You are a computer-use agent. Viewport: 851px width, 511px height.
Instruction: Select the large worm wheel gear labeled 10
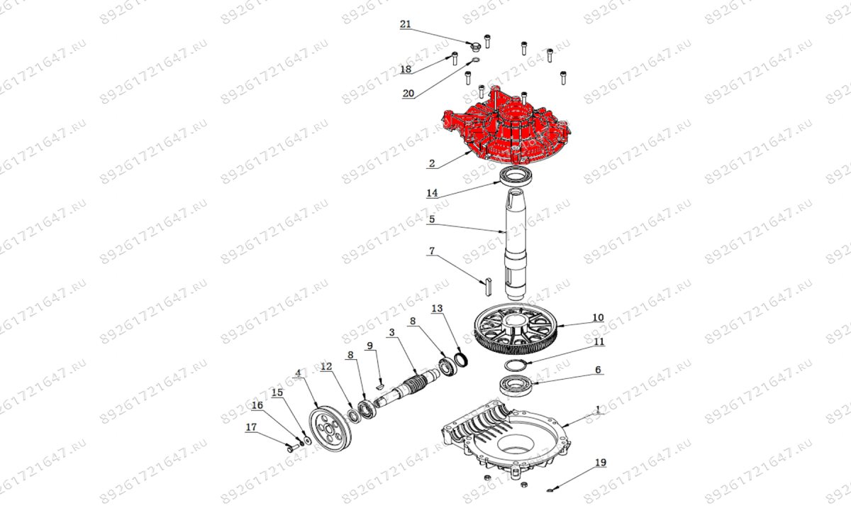(516, 329)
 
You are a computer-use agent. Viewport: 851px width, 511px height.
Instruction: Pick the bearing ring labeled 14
(517, 178)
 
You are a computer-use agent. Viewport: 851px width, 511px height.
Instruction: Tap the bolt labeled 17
(290, 449)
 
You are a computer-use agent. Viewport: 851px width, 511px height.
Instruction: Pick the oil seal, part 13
(461, 359)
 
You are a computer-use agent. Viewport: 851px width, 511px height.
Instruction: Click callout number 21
(406, 25)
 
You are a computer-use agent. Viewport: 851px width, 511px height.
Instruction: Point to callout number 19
(601, 463)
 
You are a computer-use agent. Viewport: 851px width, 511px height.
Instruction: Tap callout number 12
(326, 367)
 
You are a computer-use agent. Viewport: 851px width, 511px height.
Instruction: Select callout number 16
(257, 405)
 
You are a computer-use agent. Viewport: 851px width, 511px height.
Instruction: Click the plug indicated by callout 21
(474, 47)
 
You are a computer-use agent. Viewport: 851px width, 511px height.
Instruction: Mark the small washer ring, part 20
(475, 60)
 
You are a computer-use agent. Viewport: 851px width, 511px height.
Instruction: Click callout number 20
(408, 94)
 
